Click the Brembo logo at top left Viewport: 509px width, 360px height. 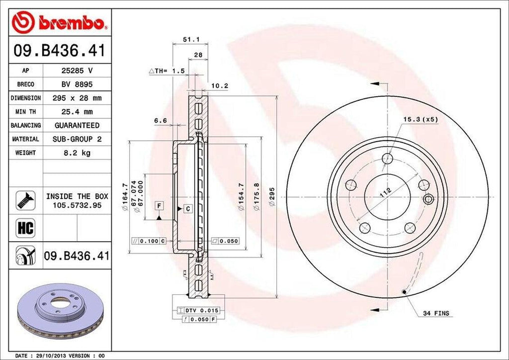coord(59,22)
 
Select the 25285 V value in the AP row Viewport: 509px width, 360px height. coord(77,71)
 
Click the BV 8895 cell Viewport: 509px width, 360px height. coord(77,85)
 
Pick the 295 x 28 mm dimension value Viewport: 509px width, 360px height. coord(77,98)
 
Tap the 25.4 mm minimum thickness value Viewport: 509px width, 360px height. coord(77,112)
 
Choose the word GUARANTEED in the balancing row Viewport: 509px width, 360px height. coord(77,125)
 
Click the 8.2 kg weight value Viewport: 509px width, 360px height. coord(77,153)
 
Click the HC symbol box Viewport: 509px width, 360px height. coord(25,228)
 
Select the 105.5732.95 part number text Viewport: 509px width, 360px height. coord(77,205)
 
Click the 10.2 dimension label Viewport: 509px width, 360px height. coord(219,86)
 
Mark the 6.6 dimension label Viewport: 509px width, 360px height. coord(160,120)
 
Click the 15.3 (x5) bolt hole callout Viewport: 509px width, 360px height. coord(420,119)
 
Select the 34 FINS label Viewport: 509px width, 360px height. coord(436,313)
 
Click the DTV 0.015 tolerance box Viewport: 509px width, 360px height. coord(198,310)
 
